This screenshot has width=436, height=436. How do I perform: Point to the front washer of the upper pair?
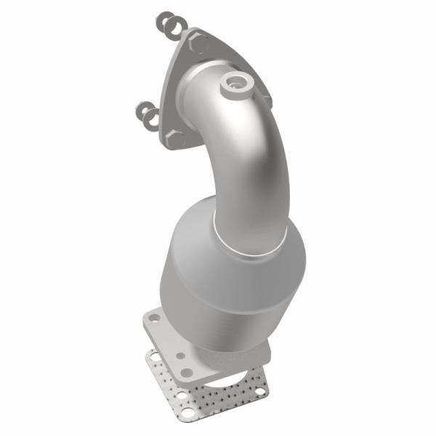click(x=174, y=28)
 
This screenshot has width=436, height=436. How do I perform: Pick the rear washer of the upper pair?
click(x=163, y=20)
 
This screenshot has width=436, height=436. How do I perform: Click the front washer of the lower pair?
click(x=152, y=118)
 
